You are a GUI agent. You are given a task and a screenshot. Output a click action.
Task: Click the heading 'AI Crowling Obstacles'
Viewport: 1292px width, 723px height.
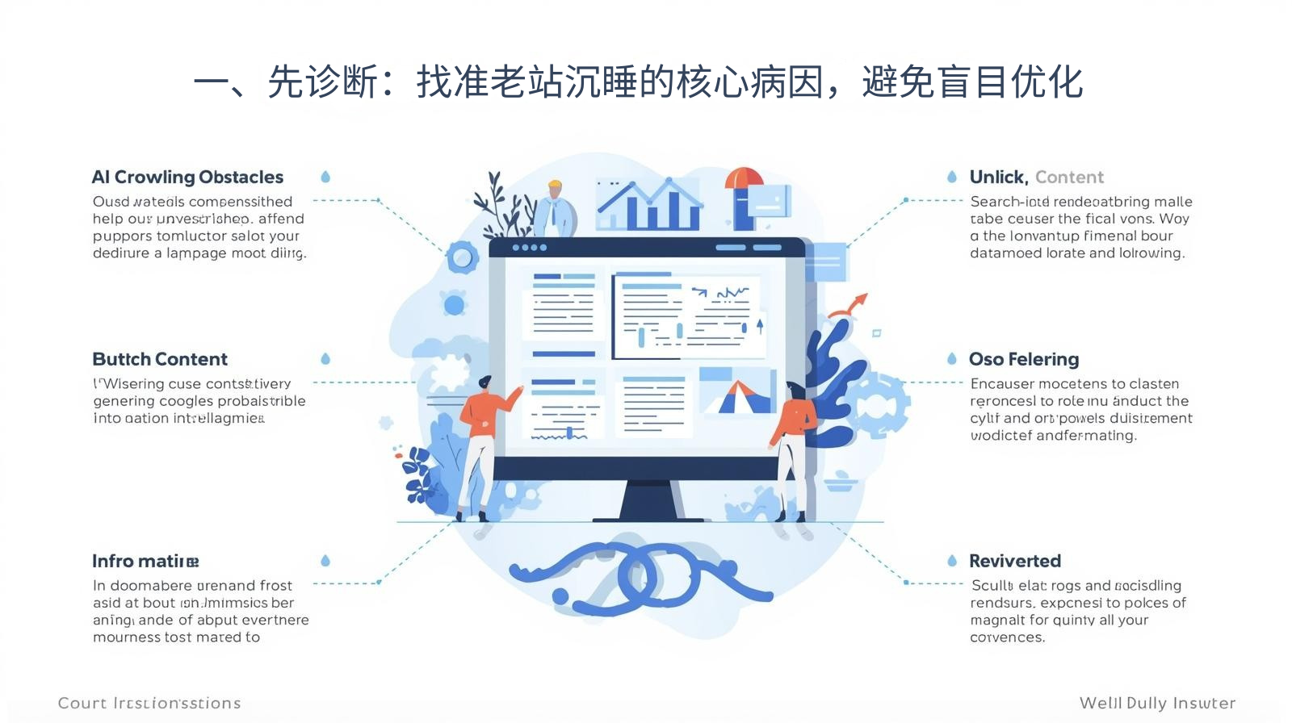187,178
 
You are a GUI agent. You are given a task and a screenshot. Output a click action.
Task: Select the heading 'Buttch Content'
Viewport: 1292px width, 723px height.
160,360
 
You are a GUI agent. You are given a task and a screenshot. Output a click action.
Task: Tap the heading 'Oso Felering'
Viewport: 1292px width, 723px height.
1024,360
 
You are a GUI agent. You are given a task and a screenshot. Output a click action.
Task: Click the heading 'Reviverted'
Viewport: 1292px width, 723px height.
1015,562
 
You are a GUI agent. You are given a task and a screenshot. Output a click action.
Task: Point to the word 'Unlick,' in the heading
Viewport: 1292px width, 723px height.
998,178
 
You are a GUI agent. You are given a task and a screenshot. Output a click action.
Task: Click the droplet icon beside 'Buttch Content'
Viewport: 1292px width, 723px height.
325,359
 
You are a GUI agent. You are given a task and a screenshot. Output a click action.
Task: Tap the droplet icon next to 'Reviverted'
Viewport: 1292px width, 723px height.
952,561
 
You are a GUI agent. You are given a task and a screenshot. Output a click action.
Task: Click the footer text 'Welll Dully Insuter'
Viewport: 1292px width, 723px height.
1157,704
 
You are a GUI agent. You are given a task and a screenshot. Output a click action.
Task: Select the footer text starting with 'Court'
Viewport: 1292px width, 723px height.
149,704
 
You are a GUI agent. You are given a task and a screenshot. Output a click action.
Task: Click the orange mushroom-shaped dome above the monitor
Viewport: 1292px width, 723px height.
744,179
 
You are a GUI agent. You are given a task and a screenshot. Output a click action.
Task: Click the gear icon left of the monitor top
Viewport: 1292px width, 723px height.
462,258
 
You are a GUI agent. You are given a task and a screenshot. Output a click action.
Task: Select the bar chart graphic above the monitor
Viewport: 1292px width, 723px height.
648,203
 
